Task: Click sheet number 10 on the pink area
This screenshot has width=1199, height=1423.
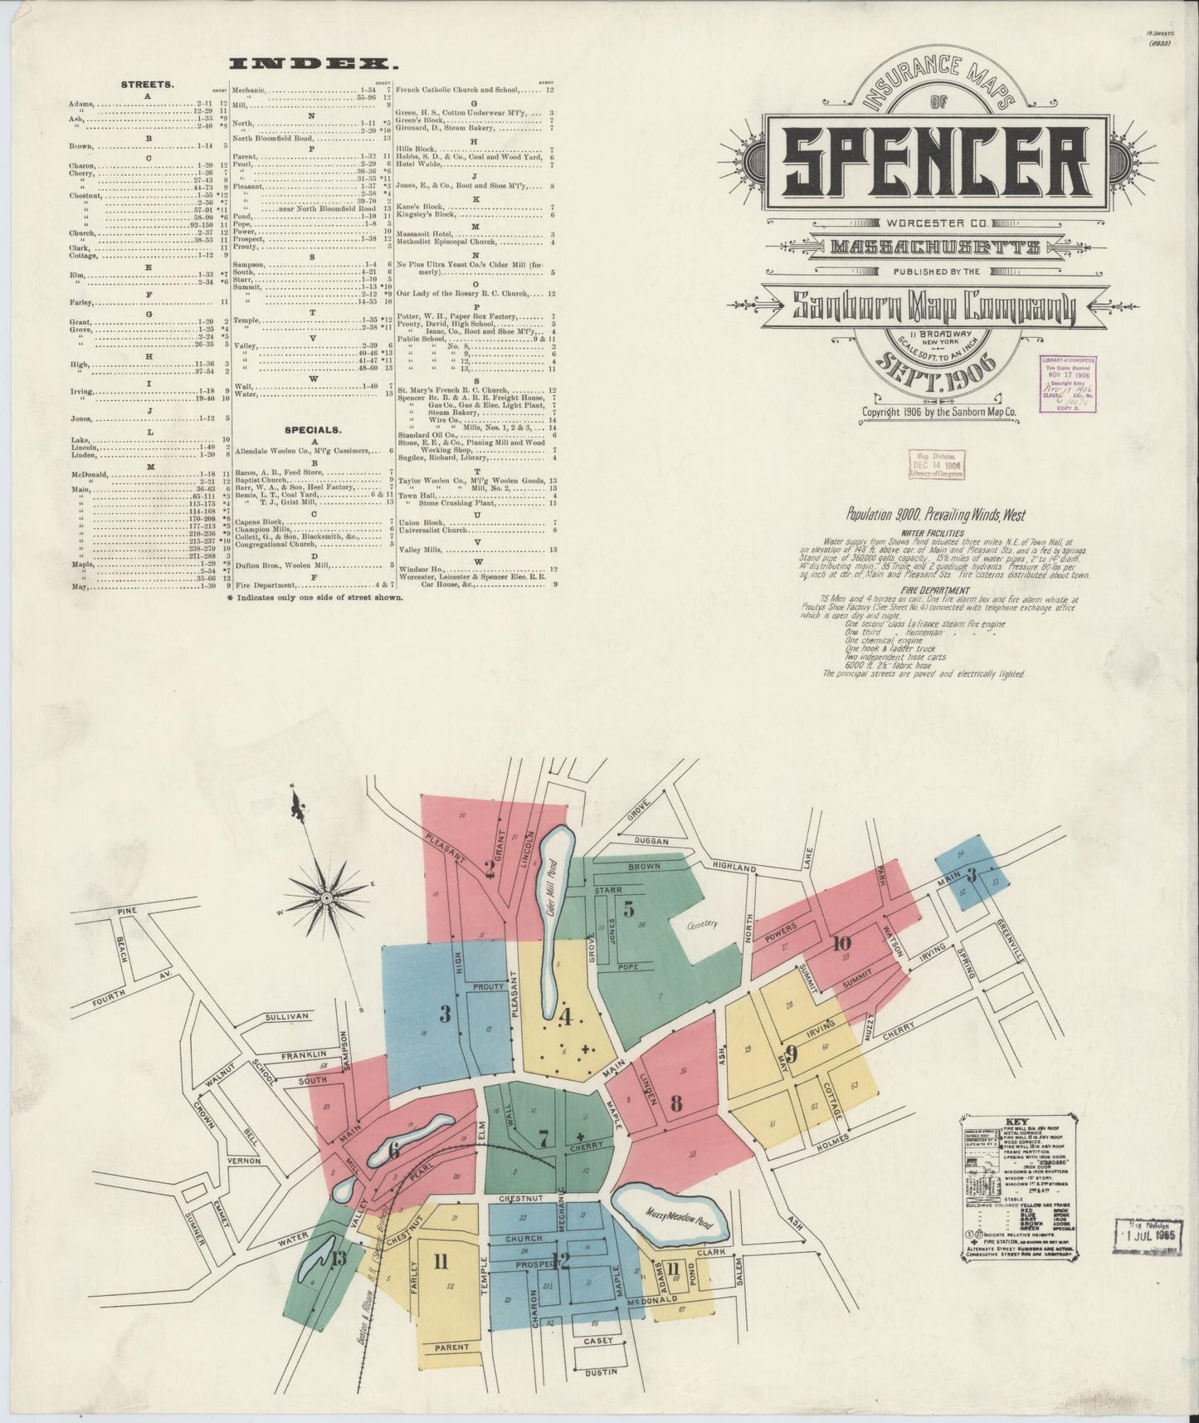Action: click(x=842, y=942)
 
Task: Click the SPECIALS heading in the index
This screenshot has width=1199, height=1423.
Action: click(x=311, y=430)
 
